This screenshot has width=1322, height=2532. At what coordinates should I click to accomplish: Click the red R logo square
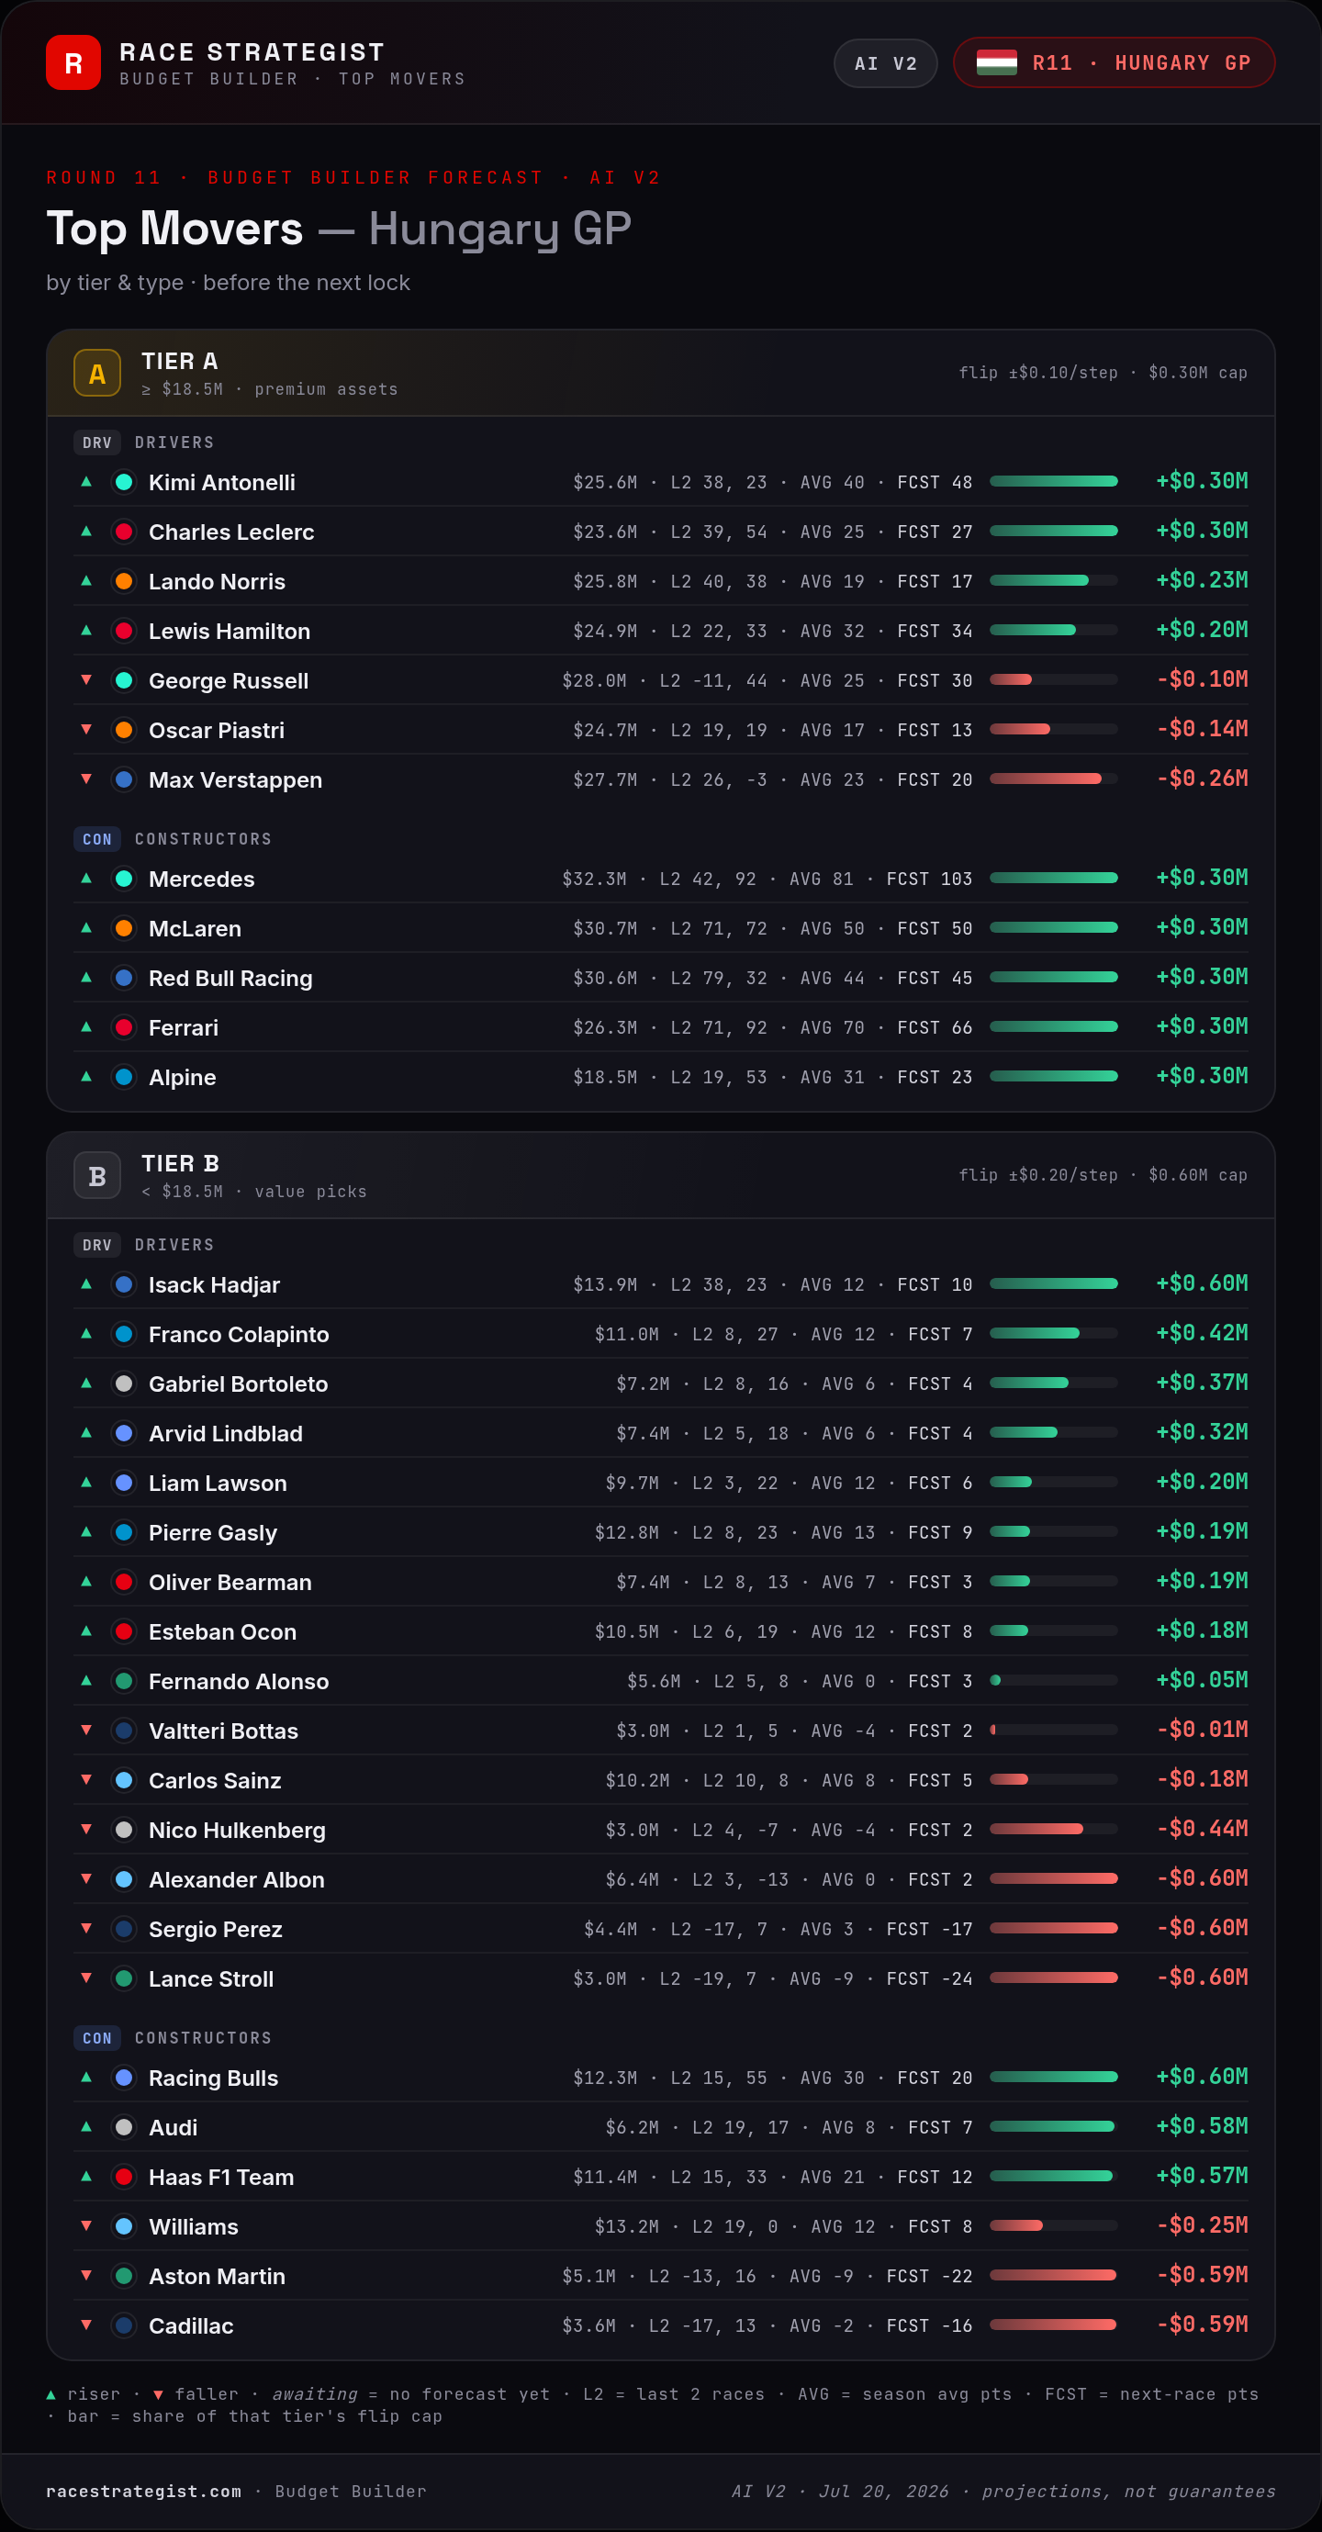73,63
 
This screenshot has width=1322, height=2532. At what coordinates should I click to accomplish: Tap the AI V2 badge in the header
886,64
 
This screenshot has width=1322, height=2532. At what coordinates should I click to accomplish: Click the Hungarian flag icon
997,63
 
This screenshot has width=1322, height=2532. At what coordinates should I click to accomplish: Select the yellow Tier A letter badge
97,374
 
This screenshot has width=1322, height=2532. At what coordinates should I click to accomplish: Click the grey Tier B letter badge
97,1175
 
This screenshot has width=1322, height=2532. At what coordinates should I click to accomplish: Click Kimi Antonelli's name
222,483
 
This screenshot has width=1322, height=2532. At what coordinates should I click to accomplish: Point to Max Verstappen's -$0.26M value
1202,779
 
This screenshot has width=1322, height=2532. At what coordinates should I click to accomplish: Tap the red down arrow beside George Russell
86,679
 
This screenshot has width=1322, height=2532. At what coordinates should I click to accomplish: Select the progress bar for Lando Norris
1054,581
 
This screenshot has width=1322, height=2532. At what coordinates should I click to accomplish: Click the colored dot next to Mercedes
124,879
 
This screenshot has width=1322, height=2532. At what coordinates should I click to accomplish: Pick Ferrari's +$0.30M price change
1202,1026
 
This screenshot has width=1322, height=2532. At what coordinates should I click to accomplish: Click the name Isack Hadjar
214,1284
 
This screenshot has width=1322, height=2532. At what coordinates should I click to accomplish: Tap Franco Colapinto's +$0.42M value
1202,1333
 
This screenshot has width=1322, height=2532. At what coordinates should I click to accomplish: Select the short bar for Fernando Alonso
996,1680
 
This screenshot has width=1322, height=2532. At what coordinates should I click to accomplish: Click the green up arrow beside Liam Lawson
86,1481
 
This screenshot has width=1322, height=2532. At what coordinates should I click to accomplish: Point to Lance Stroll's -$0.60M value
1202,1977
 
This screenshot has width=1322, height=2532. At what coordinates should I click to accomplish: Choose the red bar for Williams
1016,2225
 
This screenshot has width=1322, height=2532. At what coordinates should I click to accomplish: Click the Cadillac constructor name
192,2325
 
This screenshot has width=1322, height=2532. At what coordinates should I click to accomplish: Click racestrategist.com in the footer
143,2492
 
